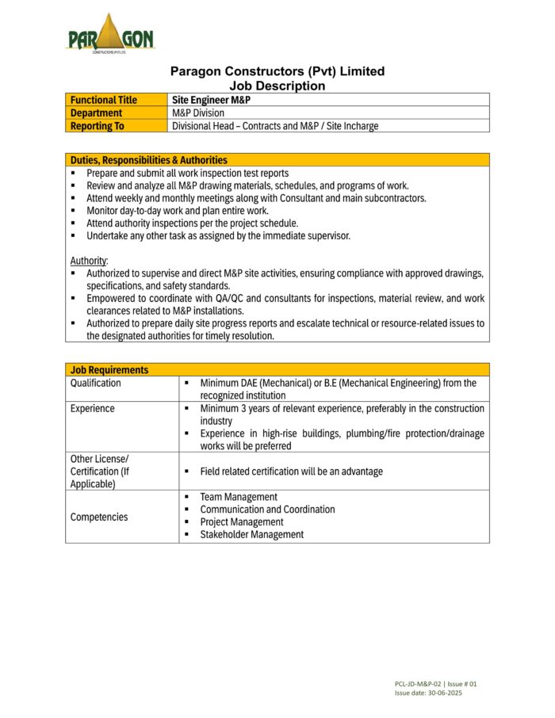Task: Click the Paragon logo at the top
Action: (x=110, y=34)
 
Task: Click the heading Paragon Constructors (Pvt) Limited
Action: (x=277, y=71)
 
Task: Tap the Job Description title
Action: (x=277, y=86)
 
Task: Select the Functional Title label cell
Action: (x=104, y=100)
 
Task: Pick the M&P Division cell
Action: (x=198, y=113)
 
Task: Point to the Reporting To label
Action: (x=98, y=125)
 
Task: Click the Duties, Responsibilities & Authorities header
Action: (x=149, y=160)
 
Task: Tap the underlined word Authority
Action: (x=89, y=260)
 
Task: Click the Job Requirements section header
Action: (x=109, y=369)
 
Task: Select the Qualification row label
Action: (x=96, y=383)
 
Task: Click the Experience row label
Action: (x=93, y=408)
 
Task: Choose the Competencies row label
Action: (x=99, y=517)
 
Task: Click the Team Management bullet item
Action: (x=239, y=497)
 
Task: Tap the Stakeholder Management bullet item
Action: (x=251, y=534)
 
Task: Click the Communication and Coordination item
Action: (x=267, y=510)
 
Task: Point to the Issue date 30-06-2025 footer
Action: (x=428, y=693)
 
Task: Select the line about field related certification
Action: (x=291, y=472)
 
